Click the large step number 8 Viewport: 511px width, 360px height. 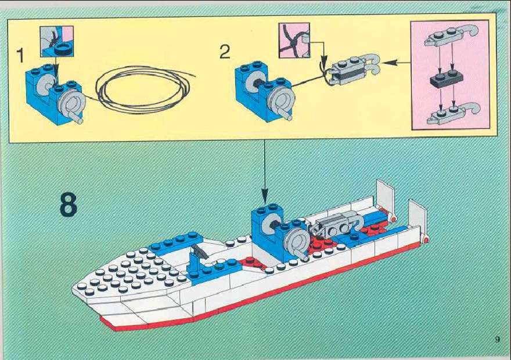[x=69, y=204]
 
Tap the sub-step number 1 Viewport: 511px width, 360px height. [x=20, y=55]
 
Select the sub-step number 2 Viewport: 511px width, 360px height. [x=225, y=52]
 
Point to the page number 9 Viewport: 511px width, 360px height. [x=497, y=340]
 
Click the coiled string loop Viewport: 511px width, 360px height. [x=143, y=89]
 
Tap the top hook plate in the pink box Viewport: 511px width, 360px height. [x=451, y=36]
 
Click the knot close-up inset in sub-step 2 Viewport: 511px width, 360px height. [x=294, y=41]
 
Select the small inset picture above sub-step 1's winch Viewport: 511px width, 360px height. [x=57, y=41]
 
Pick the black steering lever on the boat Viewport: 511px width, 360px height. [x=199, y=250]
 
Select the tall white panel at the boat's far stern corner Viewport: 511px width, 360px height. [x=385, y=197]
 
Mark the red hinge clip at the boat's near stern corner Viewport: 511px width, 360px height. [x=425, y=239]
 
